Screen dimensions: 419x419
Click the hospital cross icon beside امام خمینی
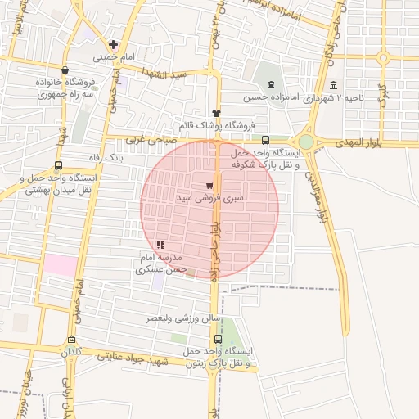point(113,43)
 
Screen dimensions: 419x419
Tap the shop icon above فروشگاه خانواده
point(65,70)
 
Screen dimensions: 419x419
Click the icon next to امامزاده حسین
point(271,85)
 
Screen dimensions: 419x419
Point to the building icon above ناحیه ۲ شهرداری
point(332,85)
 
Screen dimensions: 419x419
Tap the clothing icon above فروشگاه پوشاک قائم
point(216,114)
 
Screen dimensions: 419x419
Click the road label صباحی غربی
point(169,141)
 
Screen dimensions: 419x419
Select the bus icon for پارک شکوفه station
point(265,140)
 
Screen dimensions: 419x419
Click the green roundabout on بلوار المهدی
point(305,142)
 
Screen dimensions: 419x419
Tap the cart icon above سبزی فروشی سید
point(209,185)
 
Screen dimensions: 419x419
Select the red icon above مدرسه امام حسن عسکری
point(160,244)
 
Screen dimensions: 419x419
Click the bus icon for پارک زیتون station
point(218,339)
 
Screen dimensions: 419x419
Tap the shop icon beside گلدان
point(72,340)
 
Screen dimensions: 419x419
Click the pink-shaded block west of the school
point(58,264)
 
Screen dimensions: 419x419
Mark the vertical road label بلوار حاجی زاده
point(214,237)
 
